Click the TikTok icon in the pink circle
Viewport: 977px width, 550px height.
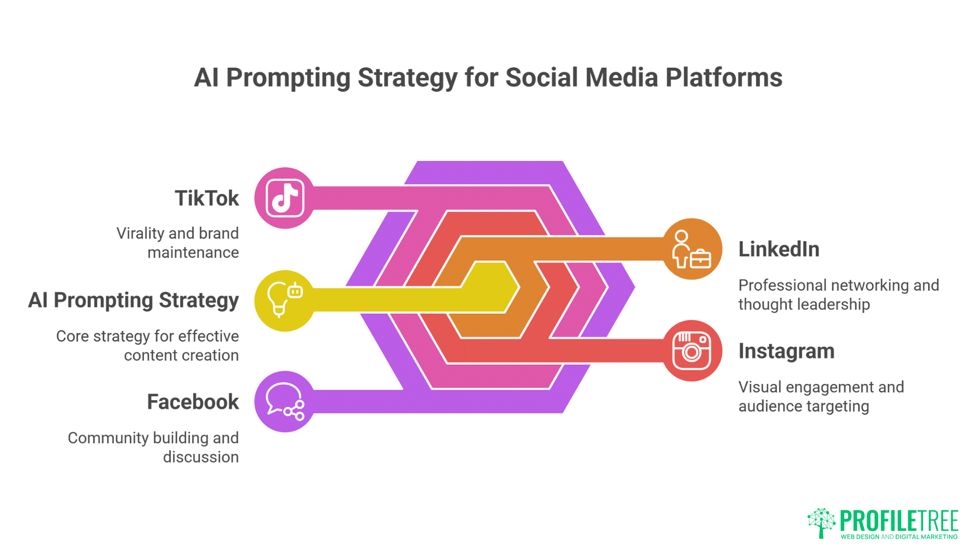(285, 198)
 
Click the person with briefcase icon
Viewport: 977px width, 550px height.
(691, 249)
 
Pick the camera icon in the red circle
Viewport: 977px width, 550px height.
(691, 351)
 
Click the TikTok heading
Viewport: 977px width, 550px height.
(207, 198)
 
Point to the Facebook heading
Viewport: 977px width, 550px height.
(193, 402)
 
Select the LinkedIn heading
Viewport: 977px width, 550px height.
(779, 249)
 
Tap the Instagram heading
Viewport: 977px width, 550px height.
(786, 351)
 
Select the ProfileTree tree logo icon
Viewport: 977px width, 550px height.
(821, 522)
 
